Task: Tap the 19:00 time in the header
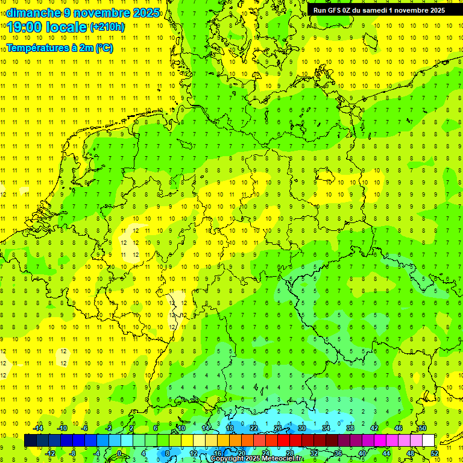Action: click(x=24, y=27)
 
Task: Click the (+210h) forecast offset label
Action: click(x=107, y=27)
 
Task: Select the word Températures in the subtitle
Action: click(x=33, y=48)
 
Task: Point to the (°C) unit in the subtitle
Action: click(x=104, y=48)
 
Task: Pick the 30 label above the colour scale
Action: click(x=302, y=428)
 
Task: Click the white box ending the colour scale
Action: click(x=428, y=441)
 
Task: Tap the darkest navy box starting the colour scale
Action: click(x=30, y=441)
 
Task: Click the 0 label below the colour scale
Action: click(x=119, y=453)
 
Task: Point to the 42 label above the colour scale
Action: click(x=374, y=428)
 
